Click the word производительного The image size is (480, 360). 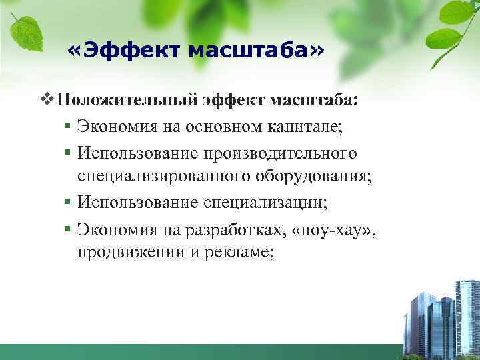285,153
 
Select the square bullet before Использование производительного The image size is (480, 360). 68,154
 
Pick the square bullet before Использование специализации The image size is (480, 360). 68,201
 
